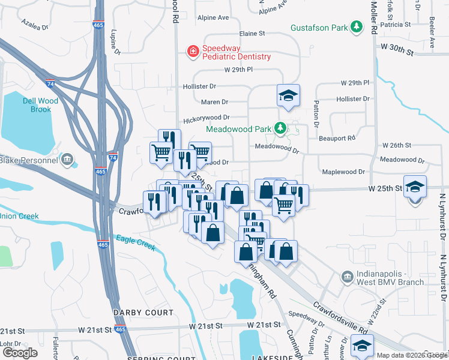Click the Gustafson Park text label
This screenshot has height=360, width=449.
[319, 28]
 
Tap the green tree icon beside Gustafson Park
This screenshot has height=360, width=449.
[357, 27]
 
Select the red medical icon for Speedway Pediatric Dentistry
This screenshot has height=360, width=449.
[193, 52]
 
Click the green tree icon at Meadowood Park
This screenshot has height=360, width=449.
[280, 128]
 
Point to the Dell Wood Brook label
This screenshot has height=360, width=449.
[41, 105]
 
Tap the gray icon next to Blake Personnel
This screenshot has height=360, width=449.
[67, 160]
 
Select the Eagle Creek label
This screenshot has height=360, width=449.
[136, 242]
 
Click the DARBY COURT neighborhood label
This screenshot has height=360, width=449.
[143, 313]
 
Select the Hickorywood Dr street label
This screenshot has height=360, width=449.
[206, 118]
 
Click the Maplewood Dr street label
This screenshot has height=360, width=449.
[344, 172]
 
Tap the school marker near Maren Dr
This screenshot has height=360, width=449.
[288, 95]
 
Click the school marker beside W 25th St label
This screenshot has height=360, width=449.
[415, 187]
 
